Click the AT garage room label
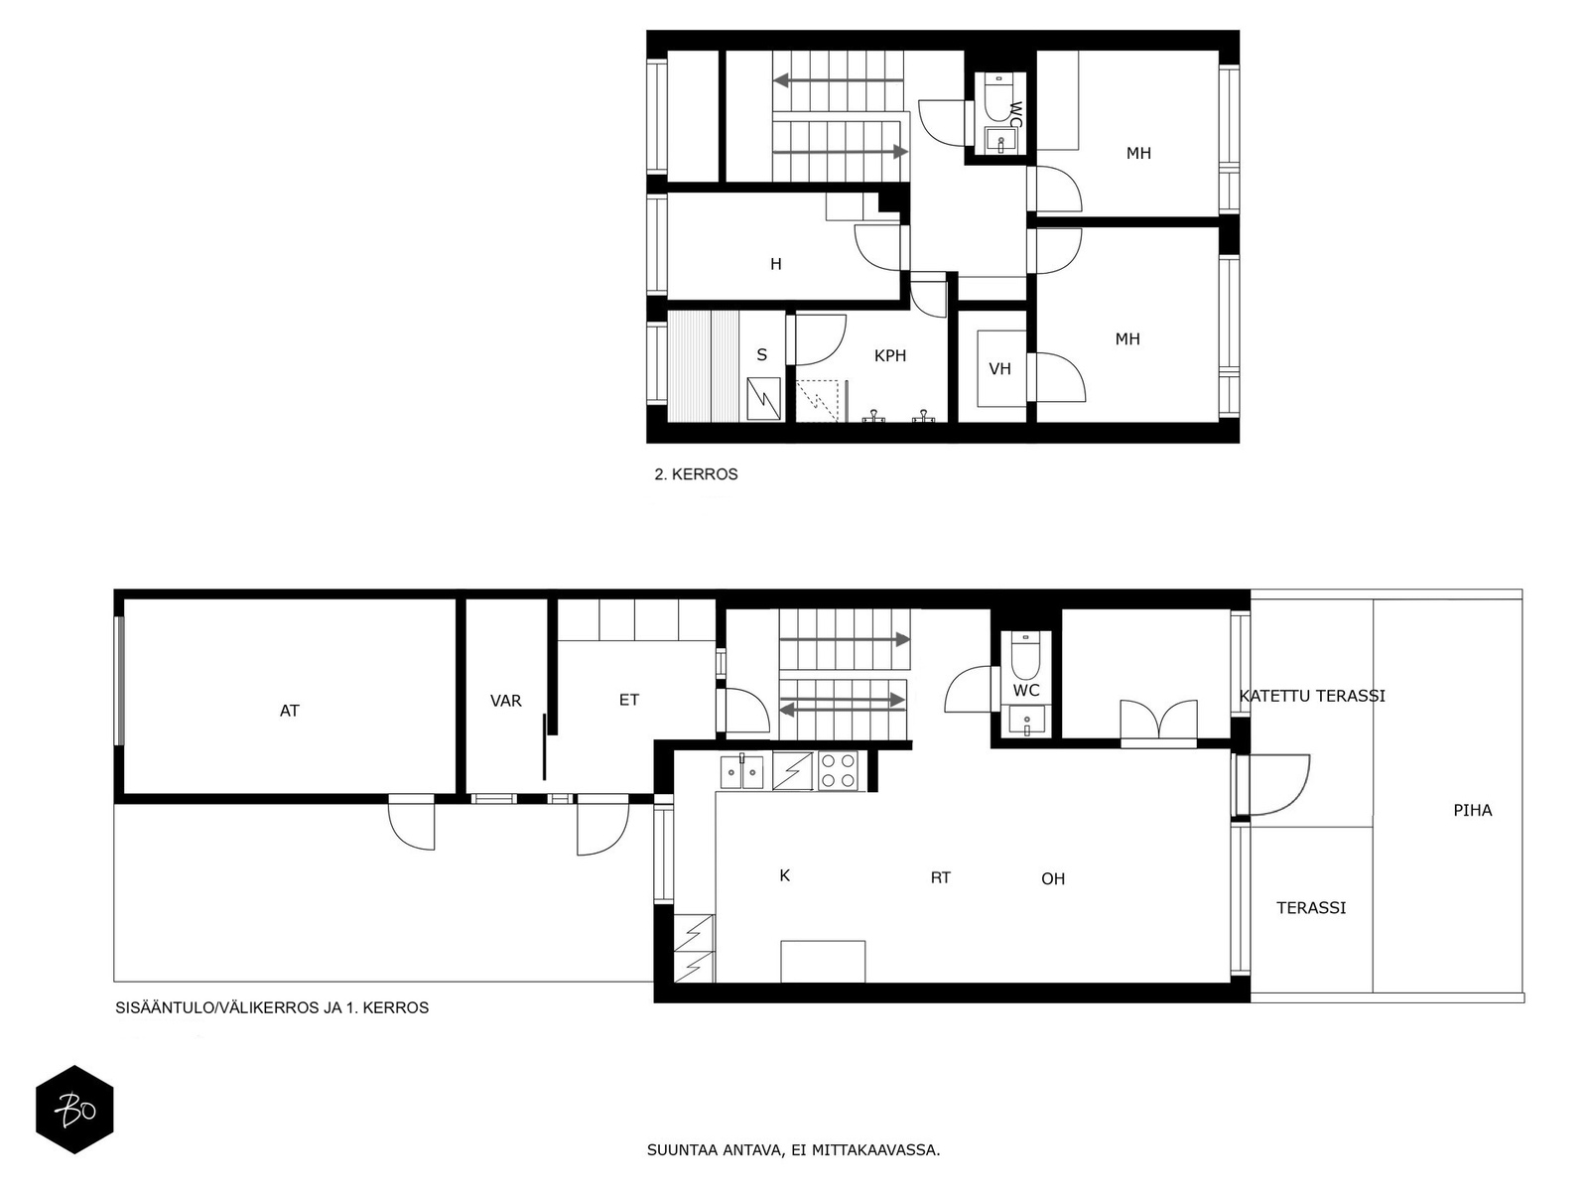(289, 711)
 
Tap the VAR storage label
(505, 701)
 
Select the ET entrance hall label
(629, 700)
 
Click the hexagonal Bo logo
(74, 1110)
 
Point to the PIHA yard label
(1472, 810)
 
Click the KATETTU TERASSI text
(1312, 696)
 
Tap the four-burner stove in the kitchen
(838, 771)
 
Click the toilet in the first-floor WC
(1024, 656)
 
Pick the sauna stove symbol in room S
(763, 399)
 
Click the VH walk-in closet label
(999, 369)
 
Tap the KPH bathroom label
(889, 355)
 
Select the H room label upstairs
(776, 264)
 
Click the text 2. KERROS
(696, 474)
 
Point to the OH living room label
(1053, 878)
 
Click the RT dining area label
(940, 877)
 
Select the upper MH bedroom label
(1138, 153)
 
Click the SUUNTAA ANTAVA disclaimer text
(793, 1151)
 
